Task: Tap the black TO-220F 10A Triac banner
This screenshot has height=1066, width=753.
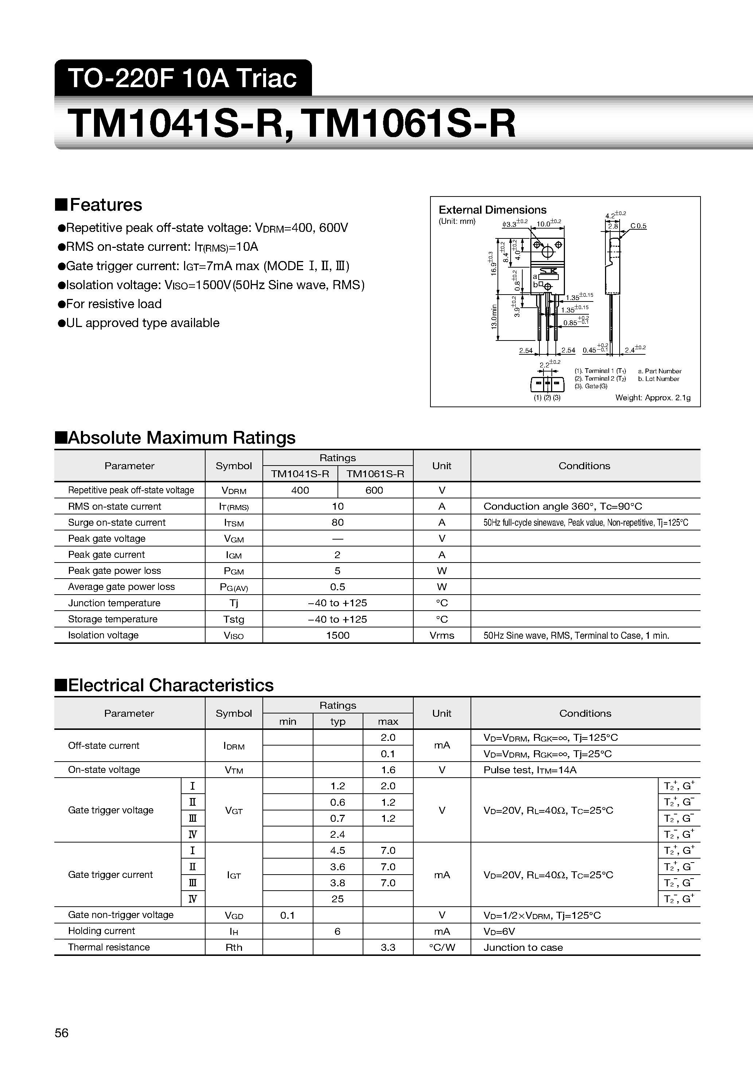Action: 183,78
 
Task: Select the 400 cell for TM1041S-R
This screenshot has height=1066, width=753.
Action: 300,490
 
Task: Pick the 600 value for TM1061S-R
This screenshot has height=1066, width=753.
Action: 374,490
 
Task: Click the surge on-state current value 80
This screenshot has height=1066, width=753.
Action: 338,522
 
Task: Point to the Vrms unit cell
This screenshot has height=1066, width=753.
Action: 441,635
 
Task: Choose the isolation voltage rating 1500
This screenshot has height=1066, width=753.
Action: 338,635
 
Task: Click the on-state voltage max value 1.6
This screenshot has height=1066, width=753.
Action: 388,770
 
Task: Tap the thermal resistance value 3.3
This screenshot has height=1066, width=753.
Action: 388,947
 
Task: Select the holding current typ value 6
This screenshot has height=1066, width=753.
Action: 338,931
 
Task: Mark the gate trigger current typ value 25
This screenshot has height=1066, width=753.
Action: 338,899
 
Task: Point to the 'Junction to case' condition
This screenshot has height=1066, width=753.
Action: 523,947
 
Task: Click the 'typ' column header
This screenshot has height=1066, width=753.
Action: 338,721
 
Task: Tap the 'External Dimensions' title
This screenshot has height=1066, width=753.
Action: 492,210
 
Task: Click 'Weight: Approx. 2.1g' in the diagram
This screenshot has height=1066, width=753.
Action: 653,397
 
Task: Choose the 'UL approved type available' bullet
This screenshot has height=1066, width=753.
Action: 143,323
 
